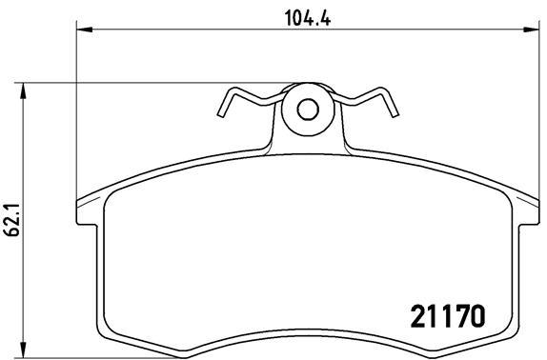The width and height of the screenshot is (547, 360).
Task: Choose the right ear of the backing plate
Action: pyautogui.click(x=529, y=213)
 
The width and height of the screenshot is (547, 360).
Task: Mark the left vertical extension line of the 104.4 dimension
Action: pyautogui.click(x=75, y=124)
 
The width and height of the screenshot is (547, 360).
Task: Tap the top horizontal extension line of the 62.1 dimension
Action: pyautogui.click(x=143, y=85)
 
